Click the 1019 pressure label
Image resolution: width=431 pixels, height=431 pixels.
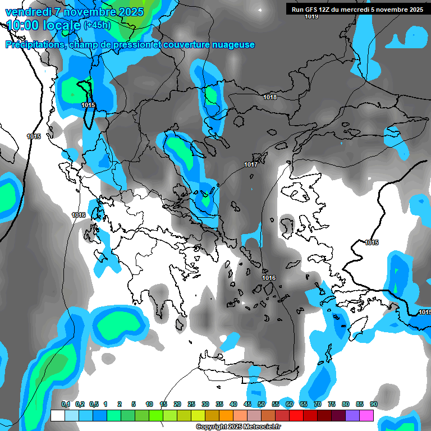point(311,17)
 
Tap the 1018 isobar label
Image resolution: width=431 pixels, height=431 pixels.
point(270,98)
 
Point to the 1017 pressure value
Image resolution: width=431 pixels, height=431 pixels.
point(251,164)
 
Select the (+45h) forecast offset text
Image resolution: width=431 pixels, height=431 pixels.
point(97,25)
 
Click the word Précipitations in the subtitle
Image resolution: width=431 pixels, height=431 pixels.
point(35,45)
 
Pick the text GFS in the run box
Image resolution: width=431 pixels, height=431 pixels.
point(312,9)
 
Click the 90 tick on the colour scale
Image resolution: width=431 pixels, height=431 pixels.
point(373,404)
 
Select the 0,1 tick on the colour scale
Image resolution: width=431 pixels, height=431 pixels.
point(66,404)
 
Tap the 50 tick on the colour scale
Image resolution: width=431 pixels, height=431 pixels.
point(262,404)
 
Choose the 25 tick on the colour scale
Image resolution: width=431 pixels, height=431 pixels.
point(191,404)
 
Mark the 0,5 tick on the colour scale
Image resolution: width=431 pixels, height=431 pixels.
point(94,404)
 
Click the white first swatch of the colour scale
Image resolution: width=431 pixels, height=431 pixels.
point(57,415)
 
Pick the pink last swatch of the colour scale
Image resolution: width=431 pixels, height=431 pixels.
point(366,415)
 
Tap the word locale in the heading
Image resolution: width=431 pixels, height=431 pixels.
point(62,25)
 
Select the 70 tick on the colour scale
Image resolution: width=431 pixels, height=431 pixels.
point(318,404)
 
